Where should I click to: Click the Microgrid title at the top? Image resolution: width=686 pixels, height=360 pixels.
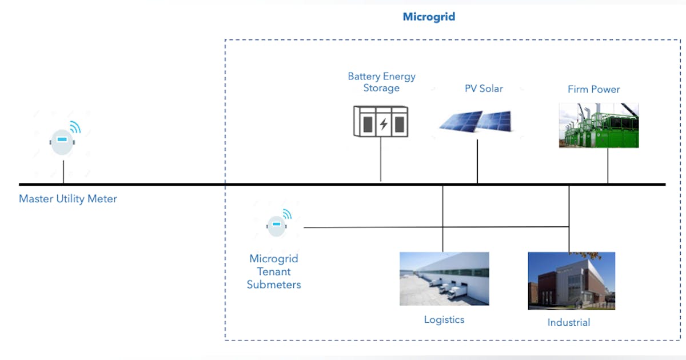[x=429, y=17]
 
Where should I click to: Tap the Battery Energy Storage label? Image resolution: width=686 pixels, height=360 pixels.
[x=381, y=82]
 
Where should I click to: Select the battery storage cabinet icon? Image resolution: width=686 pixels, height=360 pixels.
[x=381, y=122]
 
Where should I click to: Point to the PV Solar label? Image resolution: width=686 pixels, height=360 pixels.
[x=484, y=89]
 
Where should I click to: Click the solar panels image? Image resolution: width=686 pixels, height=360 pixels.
[x=477, y=121]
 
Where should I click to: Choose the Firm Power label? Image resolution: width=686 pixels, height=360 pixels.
[x=593, y=89]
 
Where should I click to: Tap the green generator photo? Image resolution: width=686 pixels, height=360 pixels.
[x=599, y=126]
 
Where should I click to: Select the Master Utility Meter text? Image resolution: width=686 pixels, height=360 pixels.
[x=68, y=199]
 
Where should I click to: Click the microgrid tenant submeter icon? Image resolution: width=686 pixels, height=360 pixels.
[x=277, y=225]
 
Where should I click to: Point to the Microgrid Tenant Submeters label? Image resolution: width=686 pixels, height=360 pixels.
[x=274, y=271]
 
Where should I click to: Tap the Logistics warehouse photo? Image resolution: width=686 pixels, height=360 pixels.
[x=444, y=278]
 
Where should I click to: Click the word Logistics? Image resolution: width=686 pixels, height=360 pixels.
[x=444, y=319]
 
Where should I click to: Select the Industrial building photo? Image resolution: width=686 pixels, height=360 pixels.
[x=571, y=281]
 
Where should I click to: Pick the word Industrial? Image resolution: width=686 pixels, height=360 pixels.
[x=568, y=322]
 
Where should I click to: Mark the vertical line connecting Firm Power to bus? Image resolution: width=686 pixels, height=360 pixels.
[x=608, y=166]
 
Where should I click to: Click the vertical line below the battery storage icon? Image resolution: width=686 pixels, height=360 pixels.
[x=381, y=160]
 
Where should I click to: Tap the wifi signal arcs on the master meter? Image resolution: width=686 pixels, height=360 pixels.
[x=75, y=127]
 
